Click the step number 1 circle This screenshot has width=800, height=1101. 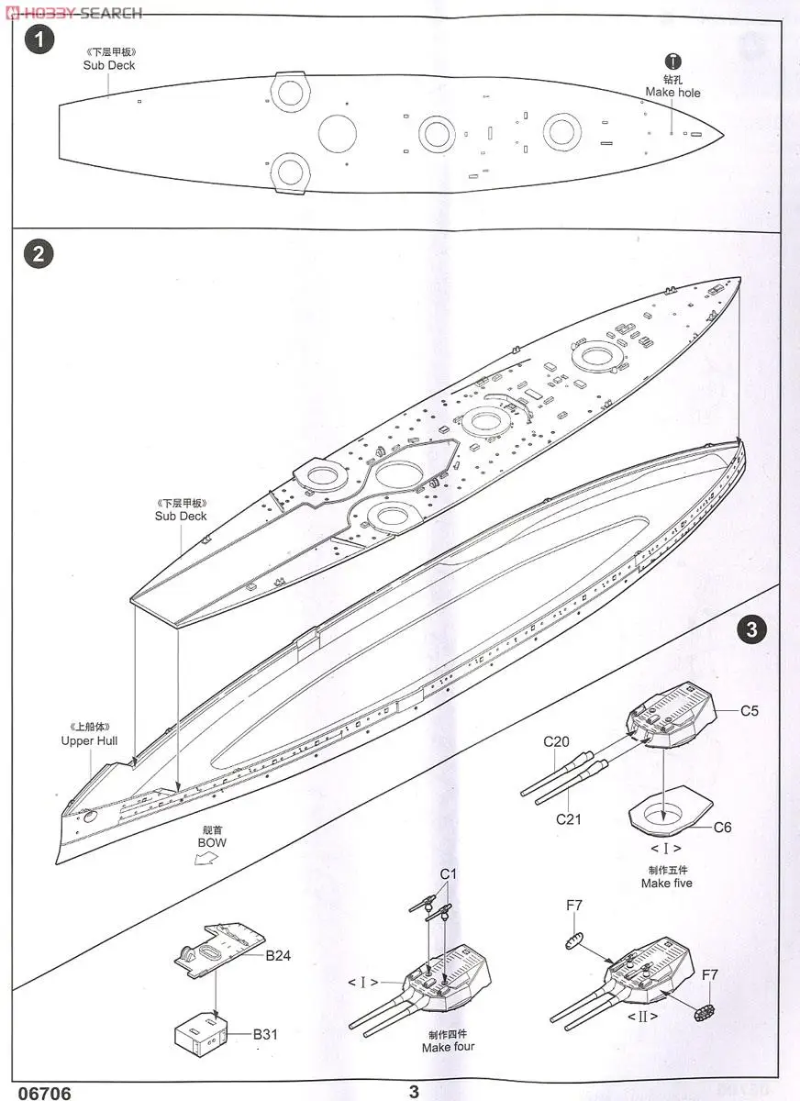(39, 40)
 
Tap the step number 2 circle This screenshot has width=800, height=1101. (39, 254)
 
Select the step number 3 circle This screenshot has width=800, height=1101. (751, 629)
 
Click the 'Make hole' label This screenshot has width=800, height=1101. (672, 93)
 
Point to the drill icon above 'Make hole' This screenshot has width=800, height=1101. (672, 61)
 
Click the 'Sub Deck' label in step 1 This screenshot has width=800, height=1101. (109, 66)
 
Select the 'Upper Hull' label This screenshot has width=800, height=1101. (89, 740)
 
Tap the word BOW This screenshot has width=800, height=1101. (212, 842)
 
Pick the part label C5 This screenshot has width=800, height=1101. (750, 710)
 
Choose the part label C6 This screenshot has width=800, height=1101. (723, 827)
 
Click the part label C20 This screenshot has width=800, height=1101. (557, 741)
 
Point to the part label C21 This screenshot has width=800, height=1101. (568, 819)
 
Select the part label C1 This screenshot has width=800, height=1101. (448, 874)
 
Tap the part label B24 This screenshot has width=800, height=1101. (278, 956)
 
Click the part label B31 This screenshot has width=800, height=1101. (265, 1034)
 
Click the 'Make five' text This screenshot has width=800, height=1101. (667, 884)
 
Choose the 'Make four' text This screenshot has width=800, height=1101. (449, 1047)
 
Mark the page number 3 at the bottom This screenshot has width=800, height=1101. (415, 1091)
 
